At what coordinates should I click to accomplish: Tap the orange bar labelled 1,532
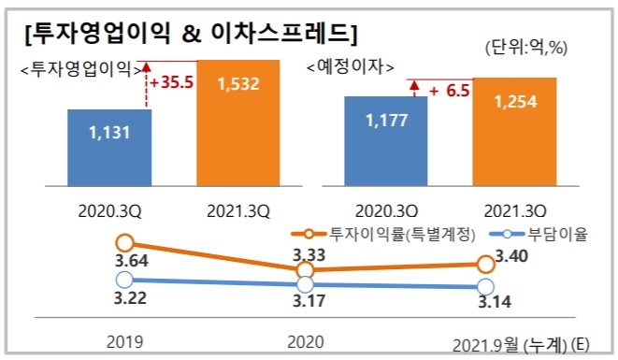pos(237,122)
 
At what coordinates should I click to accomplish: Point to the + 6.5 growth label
pos(448,91)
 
